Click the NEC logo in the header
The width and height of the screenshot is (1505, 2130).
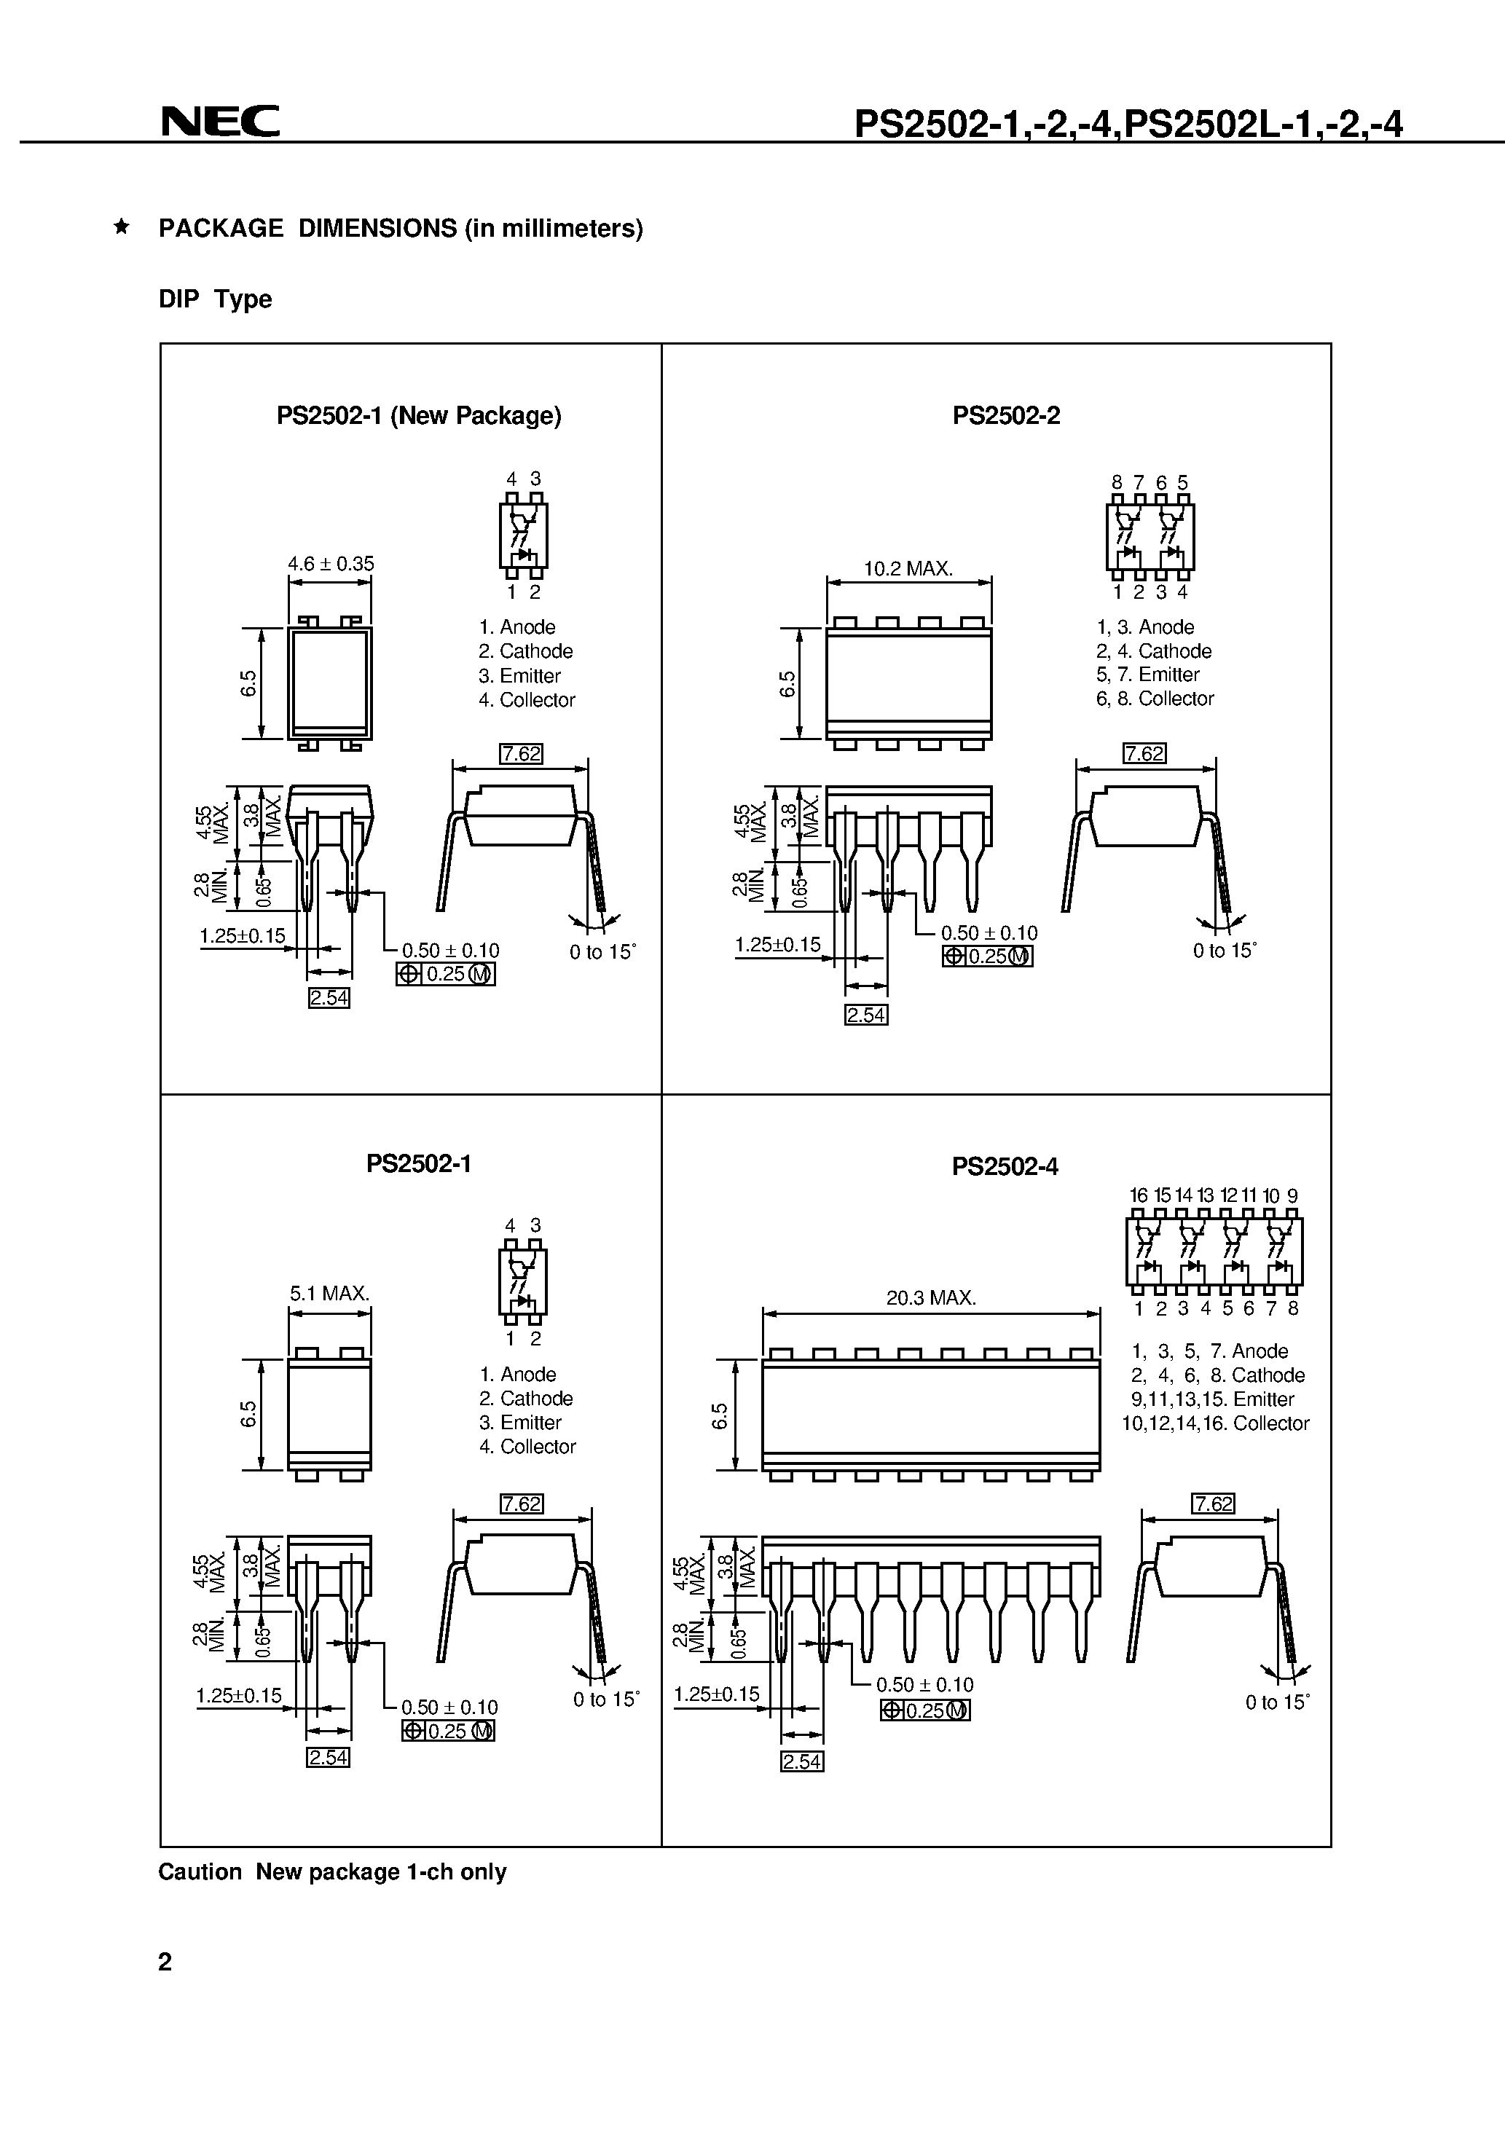[x=220, y=122]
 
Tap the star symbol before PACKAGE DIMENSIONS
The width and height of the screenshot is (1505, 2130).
[x=121, y=227]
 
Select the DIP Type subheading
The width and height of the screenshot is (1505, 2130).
[x=216, y=299]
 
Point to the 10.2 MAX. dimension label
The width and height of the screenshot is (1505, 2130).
[x=908, y=569]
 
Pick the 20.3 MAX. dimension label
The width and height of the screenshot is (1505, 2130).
[x=931, y=1298]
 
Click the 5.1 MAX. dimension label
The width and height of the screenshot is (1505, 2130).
[x=329, y=1293]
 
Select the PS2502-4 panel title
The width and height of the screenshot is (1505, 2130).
[x=1005, y=1166]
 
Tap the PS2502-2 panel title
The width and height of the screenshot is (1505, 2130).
[x=1006, y=416]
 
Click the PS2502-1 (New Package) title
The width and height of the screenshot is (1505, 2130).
[x=418, y=416]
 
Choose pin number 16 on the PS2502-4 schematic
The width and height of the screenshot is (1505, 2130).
[x=1139, y=1196]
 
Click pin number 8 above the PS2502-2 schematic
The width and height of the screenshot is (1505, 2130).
[x=1116, y=482]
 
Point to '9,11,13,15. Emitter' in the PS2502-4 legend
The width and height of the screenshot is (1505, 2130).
[x=1211, y=1399]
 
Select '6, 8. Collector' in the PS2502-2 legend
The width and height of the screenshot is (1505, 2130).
[x=1155, y=699]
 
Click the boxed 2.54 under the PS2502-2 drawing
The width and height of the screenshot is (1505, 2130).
[x=865, y=1015]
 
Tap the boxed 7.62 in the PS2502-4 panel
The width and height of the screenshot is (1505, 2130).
[x=1213, y=1503]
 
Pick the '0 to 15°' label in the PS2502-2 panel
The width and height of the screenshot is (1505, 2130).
[x=1224, y=951]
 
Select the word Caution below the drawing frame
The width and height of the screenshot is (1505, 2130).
[x=200, y=1872]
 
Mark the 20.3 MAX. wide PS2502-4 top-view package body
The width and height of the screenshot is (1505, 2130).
[x=931, y=1415]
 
